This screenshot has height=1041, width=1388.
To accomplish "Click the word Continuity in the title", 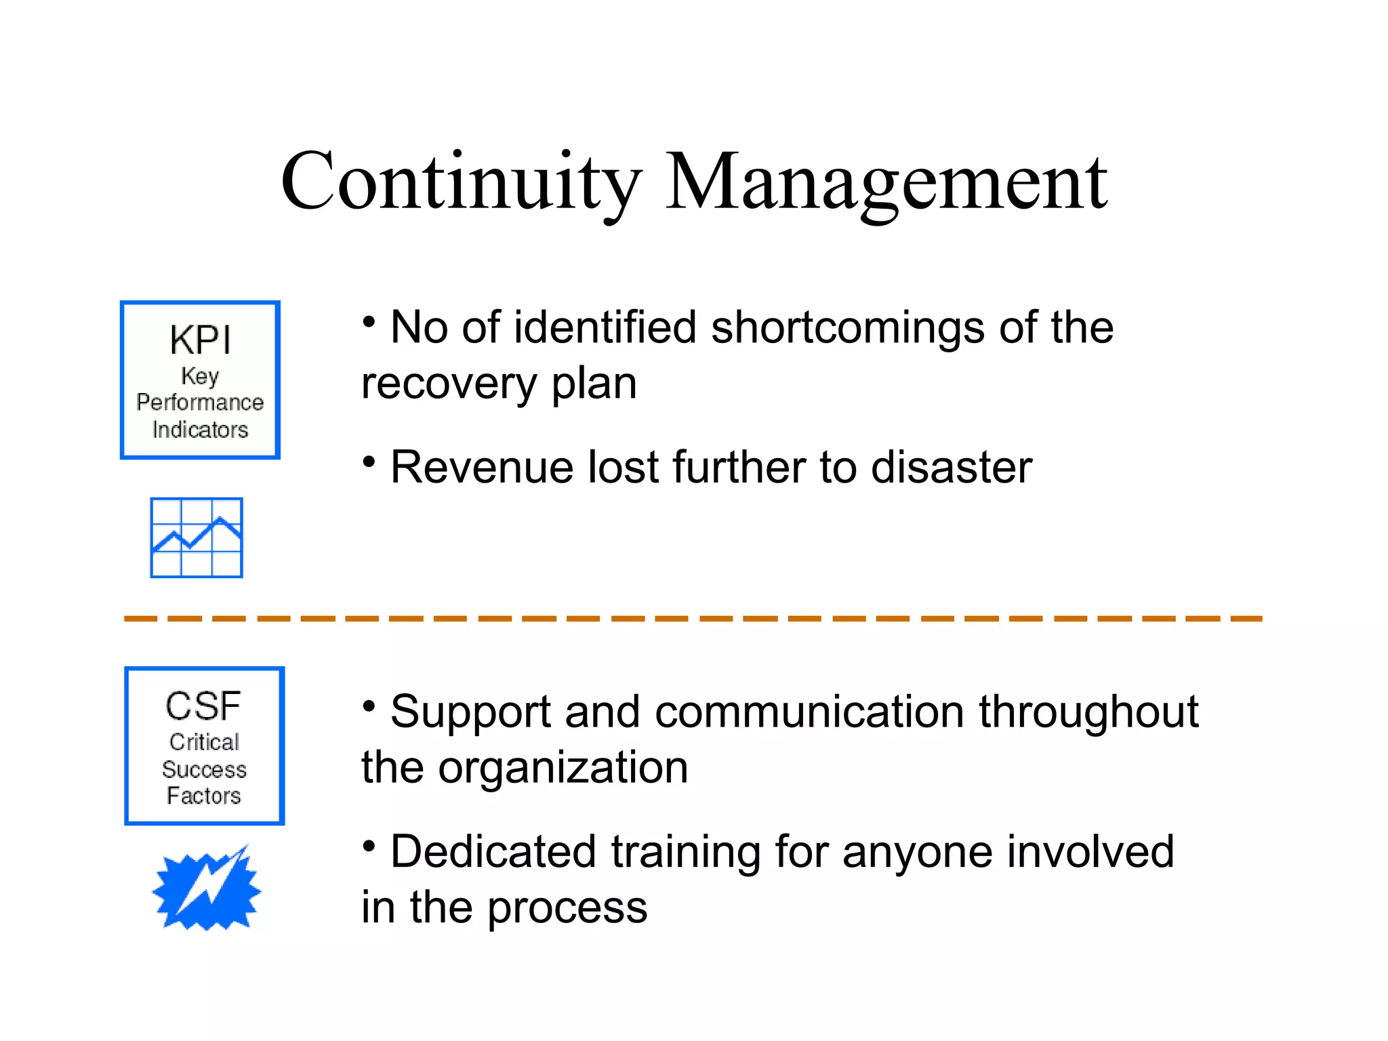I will pyautogui.click(x=461, y=182).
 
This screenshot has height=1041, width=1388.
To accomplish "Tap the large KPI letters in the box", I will pyautogui.click(x=200, y=340).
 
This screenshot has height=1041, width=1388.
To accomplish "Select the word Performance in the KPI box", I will pyautogui.click(x=200, y=403).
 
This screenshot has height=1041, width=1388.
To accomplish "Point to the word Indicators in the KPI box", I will pyautogui.click(x=200, y=430).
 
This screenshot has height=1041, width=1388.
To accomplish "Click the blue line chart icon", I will pyautogui.click(x=197, y=537).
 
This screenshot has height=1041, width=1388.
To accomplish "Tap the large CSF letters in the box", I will pyautogui.click(x=203, y=706).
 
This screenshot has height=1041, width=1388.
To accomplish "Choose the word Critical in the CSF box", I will pyautogui.click(x=204, y=742).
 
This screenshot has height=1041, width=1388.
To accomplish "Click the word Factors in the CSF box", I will pyautogui.click(x=204, y=796).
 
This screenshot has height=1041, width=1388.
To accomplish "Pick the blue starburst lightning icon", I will pyautogui.click(x=207, y=888).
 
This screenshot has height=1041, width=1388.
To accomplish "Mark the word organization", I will pyautogui.click(x=563, y=768).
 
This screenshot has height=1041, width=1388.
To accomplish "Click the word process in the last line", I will pyautogui.click(x=567, y=908).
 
